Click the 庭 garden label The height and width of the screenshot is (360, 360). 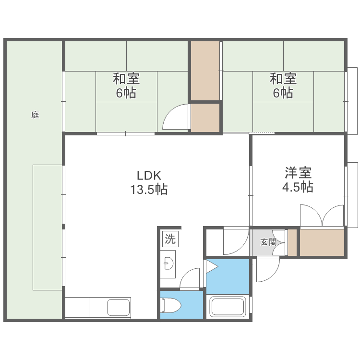click(x=35, y=115)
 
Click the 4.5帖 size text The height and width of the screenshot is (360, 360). click(x=298, y=187)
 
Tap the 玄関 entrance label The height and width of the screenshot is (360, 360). click(x=268, y=242)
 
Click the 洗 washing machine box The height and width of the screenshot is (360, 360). click(x=170, y=239)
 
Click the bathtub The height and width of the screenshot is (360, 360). click(x=228, y=307)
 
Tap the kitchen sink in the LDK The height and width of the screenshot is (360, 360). click(x=119, y=308)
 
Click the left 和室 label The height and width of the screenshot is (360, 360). click(x=127, y=78)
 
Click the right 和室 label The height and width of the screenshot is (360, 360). click(x=283, y=78)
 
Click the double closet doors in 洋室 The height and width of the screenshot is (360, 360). click(x=323, y=216)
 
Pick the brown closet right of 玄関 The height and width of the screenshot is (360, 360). click(x=322, y=242)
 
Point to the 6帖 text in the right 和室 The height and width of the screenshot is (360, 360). click(x=283, y=93)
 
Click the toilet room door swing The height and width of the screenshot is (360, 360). click(x=191, y=279)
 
